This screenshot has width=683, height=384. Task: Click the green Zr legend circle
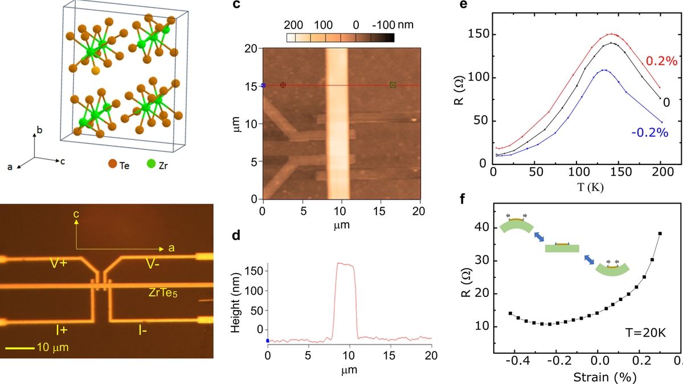(x=150, y=165)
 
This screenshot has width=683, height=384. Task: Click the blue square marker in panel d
(x=268, y=341)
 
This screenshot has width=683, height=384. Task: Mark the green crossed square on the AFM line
(x=392, y=85)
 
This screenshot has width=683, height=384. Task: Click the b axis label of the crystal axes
(x=39, y=130)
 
